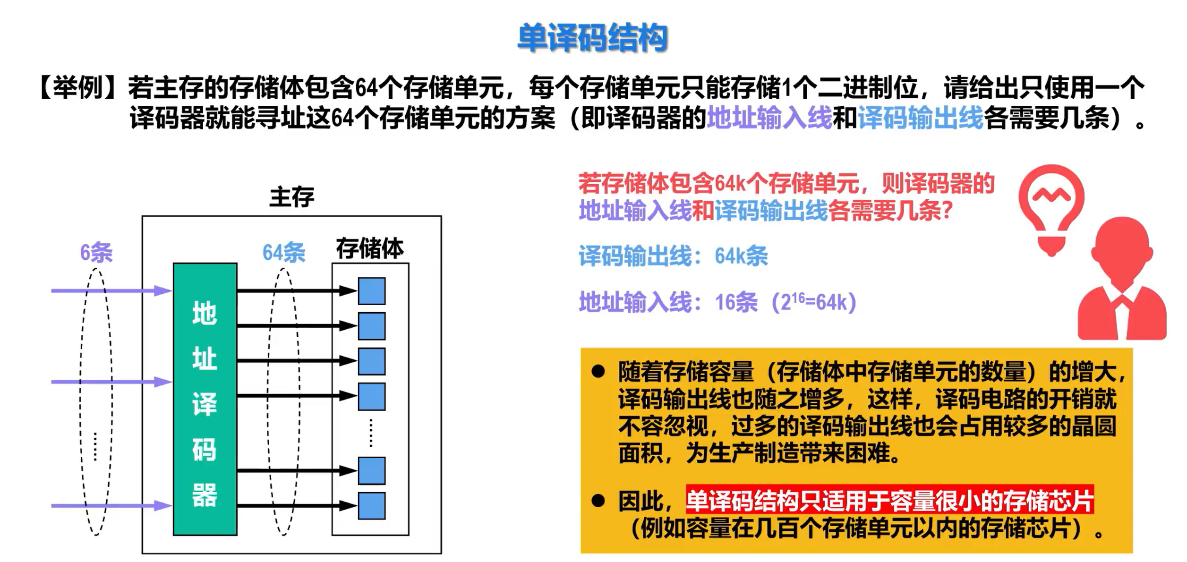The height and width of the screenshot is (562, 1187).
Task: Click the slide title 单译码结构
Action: coord(592,38)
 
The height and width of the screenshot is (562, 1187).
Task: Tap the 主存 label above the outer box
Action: coord(291,197)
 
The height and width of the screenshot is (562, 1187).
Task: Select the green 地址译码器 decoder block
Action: coord(205,399)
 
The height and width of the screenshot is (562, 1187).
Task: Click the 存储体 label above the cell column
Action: coord(370,248)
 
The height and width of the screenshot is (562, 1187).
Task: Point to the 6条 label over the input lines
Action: coord(96,252)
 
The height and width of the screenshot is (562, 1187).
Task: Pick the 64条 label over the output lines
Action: coord(284,252)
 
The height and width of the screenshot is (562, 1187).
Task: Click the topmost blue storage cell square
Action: coord(372,291)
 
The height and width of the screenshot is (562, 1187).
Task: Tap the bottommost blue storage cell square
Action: coord(372,506)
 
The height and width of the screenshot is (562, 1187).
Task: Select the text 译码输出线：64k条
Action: coord(673,256)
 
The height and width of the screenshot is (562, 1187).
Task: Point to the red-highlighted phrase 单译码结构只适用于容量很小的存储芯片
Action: coord(889,500)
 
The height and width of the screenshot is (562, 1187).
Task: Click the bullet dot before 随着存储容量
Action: coord(598,372)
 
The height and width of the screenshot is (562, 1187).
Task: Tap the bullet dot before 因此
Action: coord(598,501)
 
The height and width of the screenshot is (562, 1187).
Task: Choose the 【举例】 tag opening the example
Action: coord(77,88)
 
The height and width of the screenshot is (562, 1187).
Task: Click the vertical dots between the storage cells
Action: coord(371,432)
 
